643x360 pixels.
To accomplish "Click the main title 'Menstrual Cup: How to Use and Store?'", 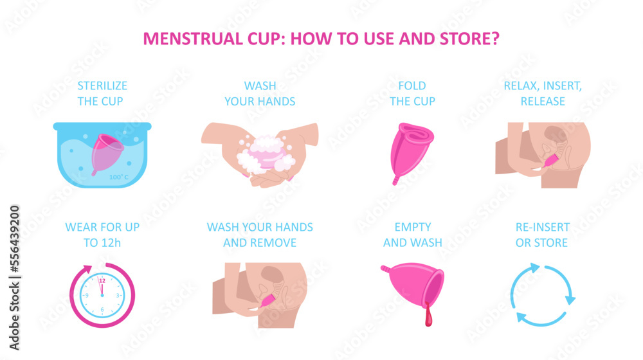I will (321, 38).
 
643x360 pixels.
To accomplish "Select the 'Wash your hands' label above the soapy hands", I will (260, 93).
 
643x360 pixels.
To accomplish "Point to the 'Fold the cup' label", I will (412, 93).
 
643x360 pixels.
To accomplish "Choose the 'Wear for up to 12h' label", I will (102, 235).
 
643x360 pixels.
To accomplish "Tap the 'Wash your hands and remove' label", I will (260, 235).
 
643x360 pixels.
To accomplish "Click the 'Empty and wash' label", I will (412, 235).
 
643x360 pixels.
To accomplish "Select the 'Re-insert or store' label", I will (541, 235).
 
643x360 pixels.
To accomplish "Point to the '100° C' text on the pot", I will (118, 177).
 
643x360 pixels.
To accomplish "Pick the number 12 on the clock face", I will (102, 281).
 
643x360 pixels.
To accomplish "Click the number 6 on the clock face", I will (102, 309).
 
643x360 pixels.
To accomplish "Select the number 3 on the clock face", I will (116, 295).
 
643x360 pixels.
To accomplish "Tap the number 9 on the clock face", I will (87, 295).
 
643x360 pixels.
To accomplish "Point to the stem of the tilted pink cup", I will (385, 268).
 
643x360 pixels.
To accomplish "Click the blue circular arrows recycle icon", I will (542, 295).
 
